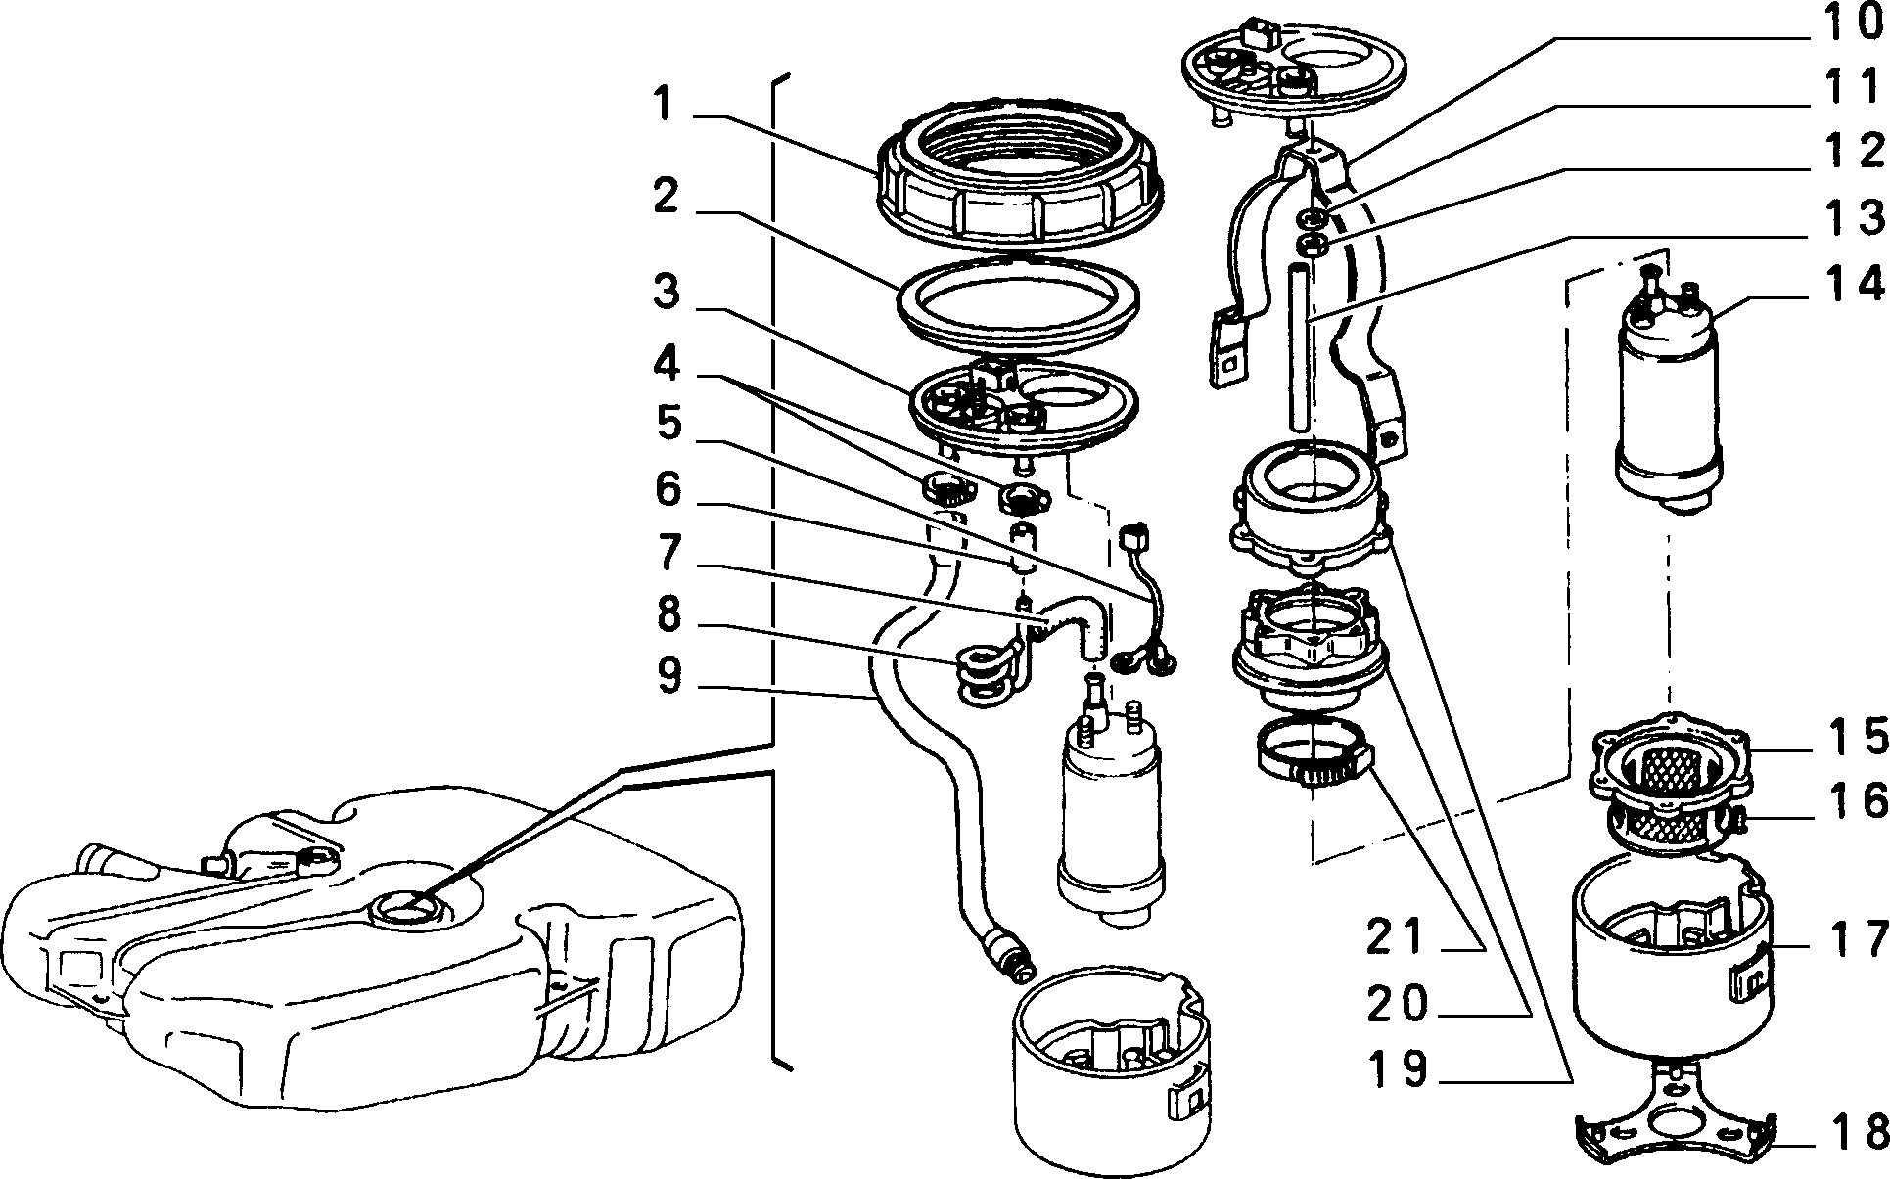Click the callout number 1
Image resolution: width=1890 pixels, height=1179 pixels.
click(x=665, y=106)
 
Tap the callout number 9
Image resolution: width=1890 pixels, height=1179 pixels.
click(x=669, y=676)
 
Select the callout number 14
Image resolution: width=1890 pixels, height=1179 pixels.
click(x=1854, y=284)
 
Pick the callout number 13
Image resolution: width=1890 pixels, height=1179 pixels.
click(x=1854, y=217)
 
